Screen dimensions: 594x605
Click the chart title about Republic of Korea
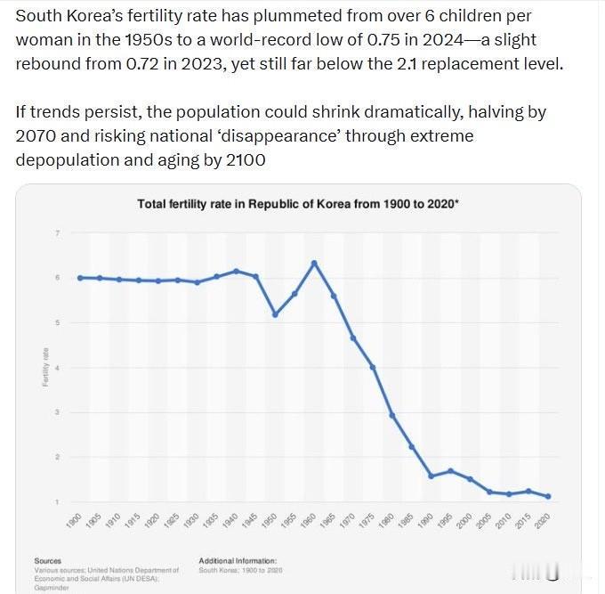click(297, 204)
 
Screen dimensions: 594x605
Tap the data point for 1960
click(314, 263)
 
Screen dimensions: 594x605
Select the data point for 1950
click(275, 314)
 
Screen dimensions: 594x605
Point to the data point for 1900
click(80, 278)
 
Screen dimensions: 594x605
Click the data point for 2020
click(547, 496)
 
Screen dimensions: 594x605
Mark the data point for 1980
click(392, 416)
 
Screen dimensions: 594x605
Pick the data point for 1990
click(431, 476)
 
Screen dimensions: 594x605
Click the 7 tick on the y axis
click(58, 233)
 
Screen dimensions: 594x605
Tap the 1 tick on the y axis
click(58, 502)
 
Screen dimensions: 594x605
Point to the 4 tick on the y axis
click(58, 368)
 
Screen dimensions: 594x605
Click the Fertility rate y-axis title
click(44, 368)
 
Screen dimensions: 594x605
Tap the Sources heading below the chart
click(47, 561)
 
